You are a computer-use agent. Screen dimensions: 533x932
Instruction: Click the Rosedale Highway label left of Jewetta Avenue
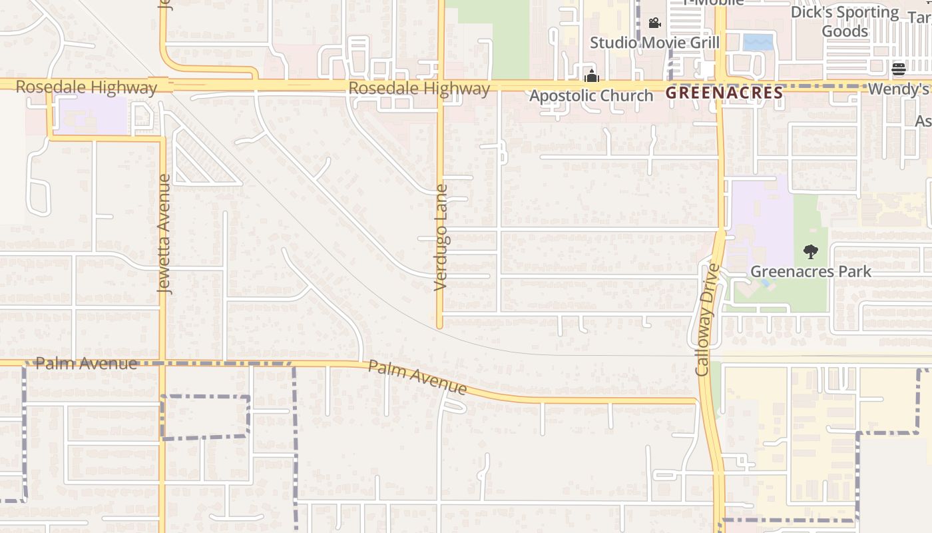86,87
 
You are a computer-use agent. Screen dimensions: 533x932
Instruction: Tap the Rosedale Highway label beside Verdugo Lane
419,89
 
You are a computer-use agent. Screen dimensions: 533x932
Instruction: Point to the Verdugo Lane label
441,238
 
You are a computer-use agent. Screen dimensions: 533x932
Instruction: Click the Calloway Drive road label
707,319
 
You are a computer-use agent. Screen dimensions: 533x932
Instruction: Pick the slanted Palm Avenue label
417,377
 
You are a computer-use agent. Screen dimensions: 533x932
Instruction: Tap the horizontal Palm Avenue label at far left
86,364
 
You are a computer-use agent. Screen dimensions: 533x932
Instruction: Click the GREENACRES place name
724,93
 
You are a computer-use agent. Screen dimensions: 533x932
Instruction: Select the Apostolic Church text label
591,96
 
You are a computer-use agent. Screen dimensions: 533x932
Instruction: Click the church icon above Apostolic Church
591,76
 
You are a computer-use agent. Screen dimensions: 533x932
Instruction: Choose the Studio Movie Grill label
654,43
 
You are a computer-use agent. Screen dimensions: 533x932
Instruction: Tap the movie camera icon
654,23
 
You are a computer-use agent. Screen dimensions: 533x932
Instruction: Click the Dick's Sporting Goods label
844,21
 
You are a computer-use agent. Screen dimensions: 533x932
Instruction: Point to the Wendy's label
898,89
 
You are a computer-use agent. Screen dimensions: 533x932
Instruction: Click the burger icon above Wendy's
898,69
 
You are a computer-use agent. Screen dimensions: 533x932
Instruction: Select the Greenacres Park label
810,272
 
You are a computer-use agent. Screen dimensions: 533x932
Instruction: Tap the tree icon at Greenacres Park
810,252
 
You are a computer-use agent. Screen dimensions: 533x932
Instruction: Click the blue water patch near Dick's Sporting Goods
758,42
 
